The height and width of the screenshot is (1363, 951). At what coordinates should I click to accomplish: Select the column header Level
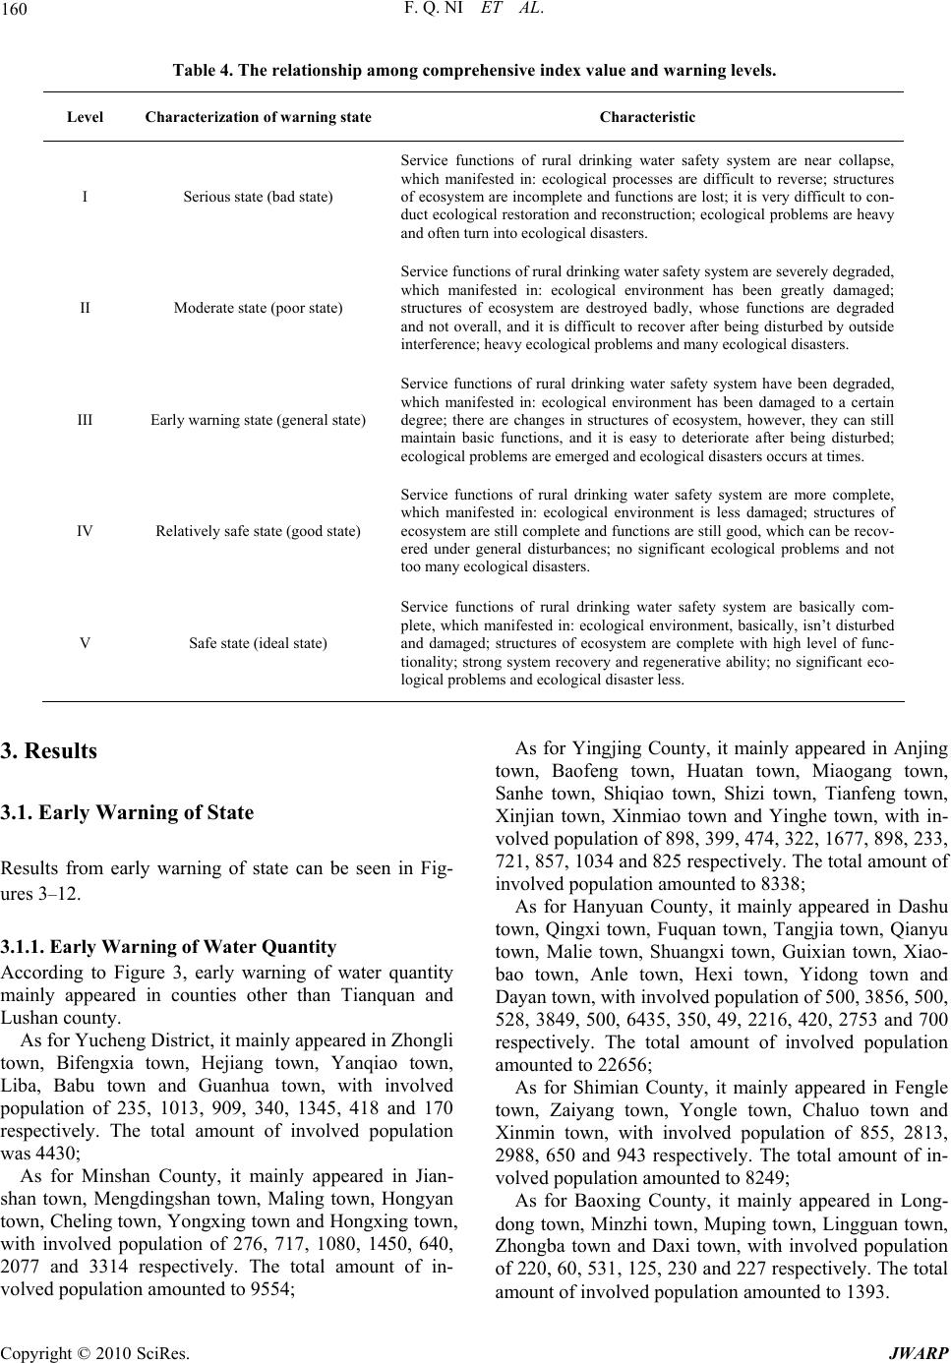86,117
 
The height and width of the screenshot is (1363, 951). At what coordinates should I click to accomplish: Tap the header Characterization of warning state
258,117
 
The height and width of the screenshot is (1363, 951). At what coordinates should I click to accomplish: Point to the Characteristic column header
647,117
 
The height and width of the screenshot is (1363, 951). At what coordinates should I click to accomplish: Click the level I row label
86,197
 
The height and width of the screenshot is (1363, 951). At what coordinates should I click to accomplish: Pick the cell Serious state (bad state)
258,197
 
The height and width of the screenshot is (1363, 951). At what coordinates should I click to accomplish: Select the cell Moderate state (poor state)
258,308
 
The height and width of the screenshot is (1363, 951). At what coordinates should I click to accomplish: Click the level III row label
86,420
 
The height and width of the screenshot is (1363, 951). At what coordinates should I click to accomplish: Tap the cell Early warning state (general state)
258,420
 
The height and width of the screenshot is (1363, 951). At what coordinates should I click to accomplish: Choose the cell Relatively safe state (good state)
258,531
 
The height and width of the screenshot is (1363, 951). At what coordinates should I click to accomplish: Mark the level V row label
86,643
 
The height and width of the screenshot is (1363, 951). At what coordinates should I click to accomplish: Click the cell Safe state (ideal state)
258,643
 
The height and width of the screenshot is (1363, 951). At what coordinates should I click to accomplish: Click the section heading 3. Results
48,751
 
